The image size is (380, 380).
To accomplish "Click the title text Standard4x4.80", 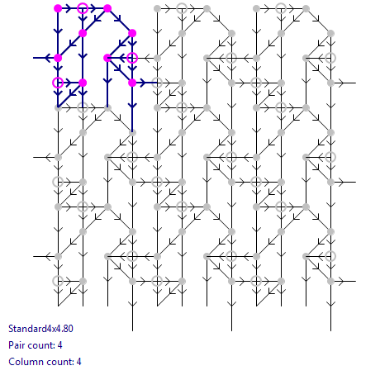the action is [40, 329].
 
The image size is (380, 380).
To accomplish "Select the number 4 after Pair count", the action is [59, 345].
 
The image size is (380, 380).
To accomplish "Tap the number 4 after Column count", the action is [78, 362].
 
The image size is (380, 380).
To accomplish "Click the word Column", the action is [25, 362].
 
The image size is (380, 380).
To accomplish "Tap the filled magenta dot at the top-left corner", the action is [58, 8].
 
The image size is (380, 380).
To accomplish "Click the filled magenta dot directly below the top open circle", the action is [83, 33].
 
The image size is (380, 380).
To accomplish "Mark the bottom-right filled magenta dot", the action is [132, 83].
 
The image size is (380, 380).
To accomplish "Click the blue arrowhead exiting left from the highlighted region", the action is [49, 58].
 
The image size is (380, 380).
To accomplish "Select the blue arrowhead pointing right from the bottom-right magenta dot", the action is [142, 83].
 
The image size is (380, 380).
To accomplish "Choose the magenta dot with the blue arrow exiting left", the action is [58, 58].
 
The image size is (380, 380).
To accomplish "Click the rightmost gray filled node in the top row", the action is [306, 8].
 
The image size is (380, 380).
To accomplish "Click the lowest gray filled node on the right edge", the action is [330, 281].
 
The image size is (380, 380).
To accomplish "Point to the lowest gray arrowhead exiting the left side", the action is [49, 256].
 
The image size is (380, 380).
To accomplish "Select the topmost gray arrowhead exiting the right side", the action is [341, 83].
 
